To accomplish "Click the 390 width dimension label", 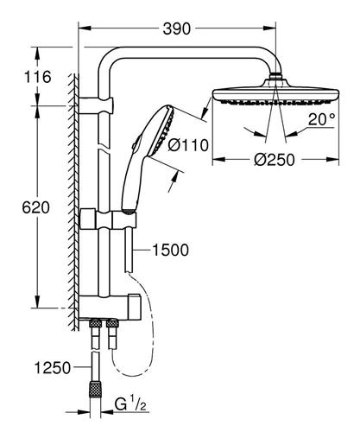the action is click(177, 29).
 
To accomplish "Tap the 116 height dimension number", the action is click(38, 77).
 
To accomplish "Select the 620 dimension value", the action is click(36, 207).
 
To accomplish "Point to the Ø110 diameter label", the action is click(188, 145).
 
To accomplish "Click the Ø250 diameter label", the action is click(275, 159).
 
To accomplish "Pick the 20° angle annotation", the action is click(322, 119).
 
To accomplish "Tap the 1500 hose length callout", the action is click(170, 250).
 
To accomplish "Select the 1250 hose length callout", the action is click(53, 367).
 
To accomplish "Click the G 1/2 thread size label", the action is click(130, 404).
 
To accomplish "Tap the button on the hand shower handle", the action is click(136, 142).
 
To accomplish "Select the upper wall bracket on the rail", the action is click(97, 105).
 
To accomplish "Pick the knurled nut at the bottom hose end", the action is click(95, 391).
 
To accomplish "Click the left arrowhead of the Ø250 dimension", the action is click(218, 159).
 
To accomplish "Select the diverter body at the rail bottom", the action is click(110, 308).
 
